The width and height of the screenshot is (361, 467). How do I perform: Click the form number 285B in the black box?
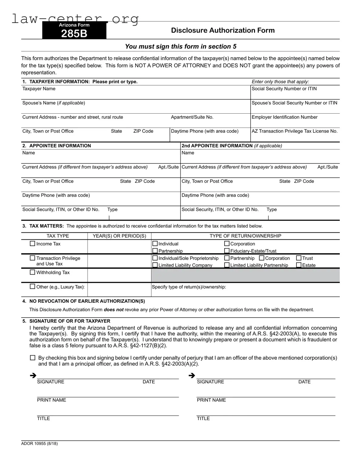[74, 33]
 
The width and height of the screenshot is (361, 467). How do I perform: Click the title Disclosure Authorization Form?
[223, 30]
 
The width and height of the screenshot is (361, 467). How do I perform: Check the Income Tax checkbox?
[32, 244]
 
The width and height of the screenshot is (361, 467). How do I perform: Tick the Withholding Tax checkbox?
[32, 272]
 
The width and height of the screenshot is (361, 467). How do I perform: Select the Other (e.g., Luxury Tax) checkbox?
[32, 286]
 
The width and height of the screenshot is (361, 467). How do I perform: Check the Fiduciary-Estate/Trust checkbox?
[227, 251]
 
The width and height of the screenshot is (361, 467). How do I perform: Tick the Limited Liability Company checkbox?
[155, 265]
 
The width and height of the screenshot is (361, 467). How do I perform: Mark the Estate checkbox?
[299, 265]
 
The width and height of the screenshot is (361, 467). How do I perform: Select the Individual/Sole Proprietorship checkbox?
[155, 258]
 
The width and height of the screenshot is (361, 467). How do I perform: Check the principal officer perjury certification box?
[32, 358]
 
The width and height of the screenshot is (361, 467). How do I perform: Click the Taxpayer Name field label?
[39, 89]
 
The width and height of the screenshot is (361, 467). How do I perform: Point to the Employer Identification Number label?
[284, 117]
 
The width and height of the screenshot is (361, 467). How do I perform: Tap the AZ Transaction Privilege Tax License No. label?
[294, 131]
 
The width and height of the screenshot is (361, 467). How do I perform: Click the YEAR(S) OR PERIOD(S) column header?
[119, 236]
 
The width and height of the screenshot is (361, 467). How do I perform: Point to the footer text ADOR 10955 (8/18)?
[39, 443]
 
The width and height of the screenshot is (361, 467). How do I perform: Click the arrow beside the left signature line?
[33, 376]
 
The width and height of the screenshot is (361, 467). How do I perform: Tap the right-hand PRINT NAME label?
[211, 400]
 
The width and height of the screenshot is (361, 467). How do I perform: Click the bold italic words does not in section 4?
[114, 310]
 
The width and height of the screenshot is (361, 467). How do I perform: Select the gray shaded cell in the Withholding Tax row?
[245, 275]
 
